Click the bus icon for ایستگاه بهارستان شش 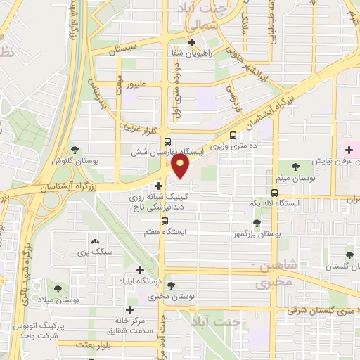[166, 141]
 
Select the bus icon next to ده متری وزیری [233, 136]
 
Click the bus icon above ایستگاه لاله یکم [274, 191]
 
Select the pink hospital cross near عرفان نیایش [347, 150]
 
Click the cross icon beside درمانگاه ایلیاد [140, 270]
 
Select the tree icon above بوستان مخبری [171, 286]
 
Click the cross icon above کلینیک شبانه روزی [160, 186]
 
